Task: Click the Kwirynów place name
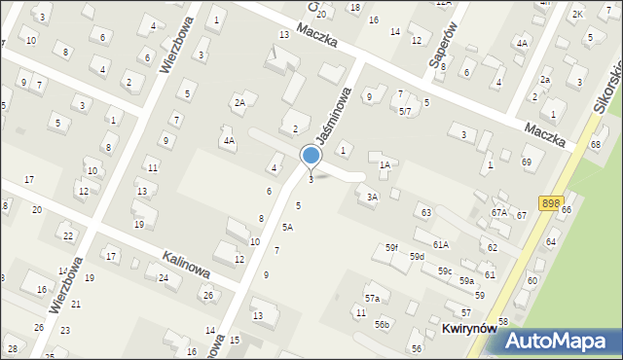[469, 329]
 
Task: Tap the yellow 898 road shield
[551, 202]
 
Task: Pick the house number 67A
[499, 212]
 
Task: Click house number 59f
[390, 248]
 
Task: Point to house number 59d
[417, 256]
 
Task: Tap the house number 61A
[441, 244]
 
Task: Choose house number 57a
[372, 298]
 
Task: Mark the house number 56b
[383, 324]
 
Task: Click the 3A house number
[372, 197]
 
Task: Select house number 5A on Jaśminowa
[287, 227]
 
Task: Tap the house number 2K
[577, 14]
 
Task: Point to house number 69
[527, 162]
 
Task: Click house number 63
[425, 212]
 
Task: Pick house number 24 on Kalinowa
[164, 278]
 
